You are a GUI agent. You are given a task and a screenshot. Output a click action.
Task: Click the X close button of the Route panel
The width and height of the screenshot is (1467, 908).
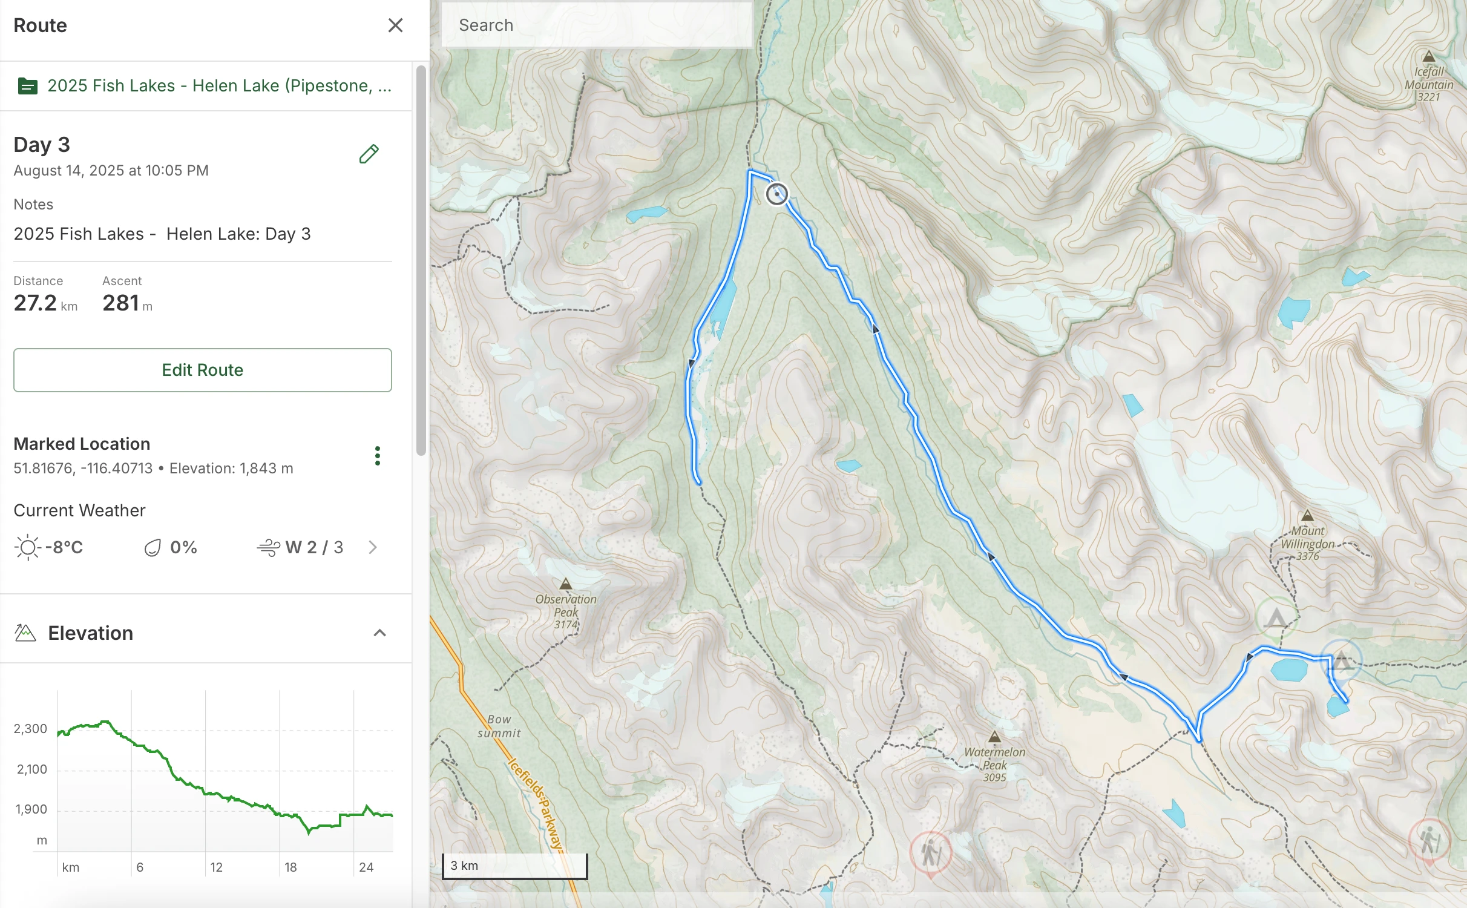tap(395, 25)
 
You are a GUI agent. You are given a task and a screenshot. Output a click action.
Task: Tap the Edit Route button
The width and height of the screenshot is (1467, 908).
tap(202, 370)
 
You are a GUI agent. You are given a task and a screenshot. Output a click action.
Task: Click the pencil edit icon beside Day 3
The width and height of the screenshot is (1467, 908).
tap(369, 154)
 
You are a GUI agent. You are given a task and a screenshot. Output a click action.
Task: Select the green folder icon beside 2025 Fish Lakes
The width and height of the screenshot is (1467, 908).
tap(28, 86)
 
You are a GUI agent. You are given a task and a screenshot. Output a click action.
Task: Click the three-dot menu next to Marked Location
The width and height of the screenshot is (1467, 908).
tap(378, 455)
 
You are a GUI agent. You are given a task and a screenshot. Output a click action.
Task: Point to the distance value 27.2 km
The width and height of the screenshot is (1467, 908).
tap(45, 303)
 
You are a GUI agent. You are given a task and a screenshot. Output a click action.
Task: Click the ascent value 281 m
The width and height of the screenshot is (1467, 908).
tap(126, 303)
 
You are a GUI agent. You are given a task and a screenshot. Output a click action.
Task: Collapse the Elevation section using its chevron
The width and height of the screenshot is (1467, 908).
tap(379, 633)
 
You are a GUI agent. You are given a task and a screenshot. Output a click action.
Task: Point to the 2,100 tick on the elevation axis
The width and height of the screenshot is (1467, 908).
tap(31, 769)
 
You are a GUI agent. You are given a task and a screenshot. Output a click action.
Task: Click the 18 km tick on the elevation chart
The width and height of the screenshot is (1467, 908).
tap(290, 867)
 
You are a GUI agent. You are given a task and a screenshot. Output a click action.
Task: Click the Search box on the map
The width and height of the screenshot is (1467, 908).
tap(596, 25)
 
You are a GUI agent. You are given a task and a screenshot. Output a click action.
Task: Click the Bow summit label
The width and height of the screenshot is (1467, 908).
tap(499, 726)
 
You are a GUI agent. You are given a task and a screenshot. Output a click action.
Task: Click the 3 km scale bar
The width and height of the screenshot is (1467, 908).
tap(514, 866)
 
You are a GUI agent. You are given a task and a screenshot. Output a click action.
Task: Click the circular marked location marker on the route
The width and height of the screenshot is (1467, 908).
tap(777, 194)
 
